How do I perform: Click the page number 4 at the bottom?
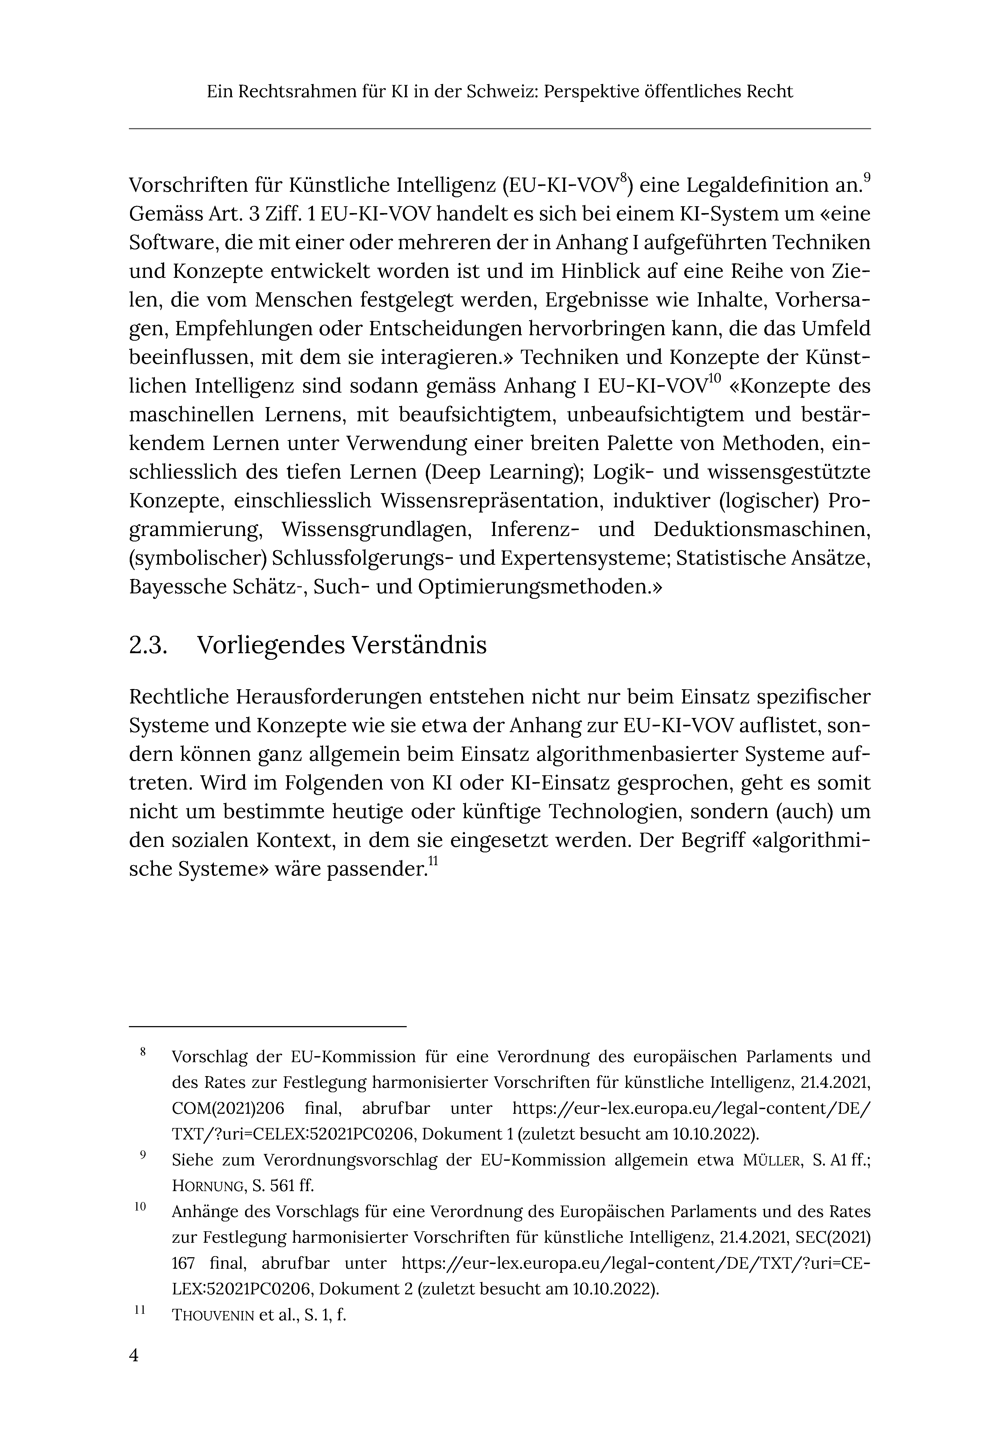[x=134, y=1355]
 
